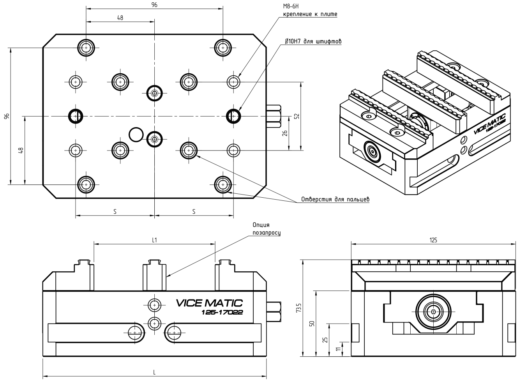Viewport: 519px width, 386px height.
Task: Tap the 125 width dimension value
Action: pos(433,240)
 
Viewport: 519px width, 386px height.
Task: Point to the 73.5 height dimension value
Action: pos(298,308)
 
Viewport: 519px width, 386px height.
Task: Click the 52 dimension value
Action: pos(297,116)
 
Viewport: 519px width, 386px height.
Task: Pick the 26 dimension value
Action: pos(285,133)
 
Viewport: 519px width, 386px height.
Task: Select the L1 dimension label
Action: pos(154,240)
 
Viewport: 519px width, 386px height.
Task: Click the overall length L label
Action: pos(154,372)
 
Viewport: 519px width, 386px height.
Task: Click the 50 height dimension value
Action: pos(311,324)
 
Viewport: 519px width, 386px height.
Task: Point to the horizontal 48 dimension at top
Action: pos(120,18)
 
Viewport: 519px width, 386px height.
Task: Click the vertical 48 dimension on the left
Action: pos(21,150)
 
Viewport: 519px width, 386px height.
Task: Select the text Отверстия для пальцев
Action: pos(335,199)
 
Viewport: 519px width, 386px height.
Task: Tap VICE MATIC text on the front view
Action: pos(209,303)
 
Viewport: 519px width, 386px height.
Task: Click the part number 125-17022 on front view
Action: pos(222,312)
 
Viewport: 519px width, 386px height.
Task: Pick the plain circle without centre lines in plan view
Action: pos(136,135)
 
